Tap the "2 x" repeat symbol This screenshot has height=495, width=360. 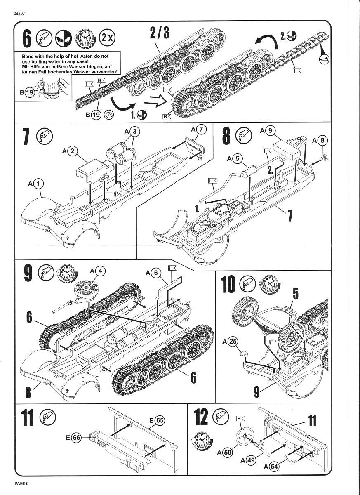click(x=108, y=38)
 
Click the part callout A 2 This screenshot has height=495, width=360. click(x=72, y=151)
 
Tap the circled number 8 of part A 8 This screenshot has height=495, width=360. click(x=322, y=140)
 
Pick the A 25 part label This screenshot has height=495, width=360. click(x=233, y=341)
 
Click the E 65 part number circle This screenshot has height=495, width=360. click(x=159, y=420)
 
